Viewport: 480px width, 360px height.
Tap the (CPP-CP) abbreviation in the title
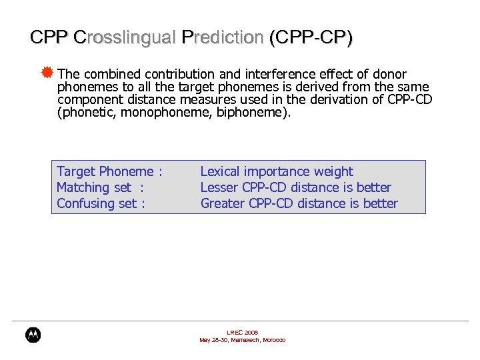[x=311, y=37]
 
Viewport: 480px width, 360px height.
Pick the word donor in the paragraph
[x=389, y=74]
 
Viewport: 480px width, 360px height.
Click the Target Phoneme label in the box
[x=109, y=171]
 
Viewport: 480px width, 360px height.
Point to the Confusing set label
[x=101, y=203]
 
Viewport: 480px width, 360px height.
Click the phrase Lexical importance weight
[x=277, y=171]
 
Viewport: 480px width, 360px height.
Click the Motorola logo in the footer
[x=33, y=335]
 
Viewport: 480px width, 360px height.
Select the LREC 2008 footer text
[x=242, y=332]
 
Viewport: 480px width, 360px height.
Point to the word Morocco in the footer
[x=273, y=340]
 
